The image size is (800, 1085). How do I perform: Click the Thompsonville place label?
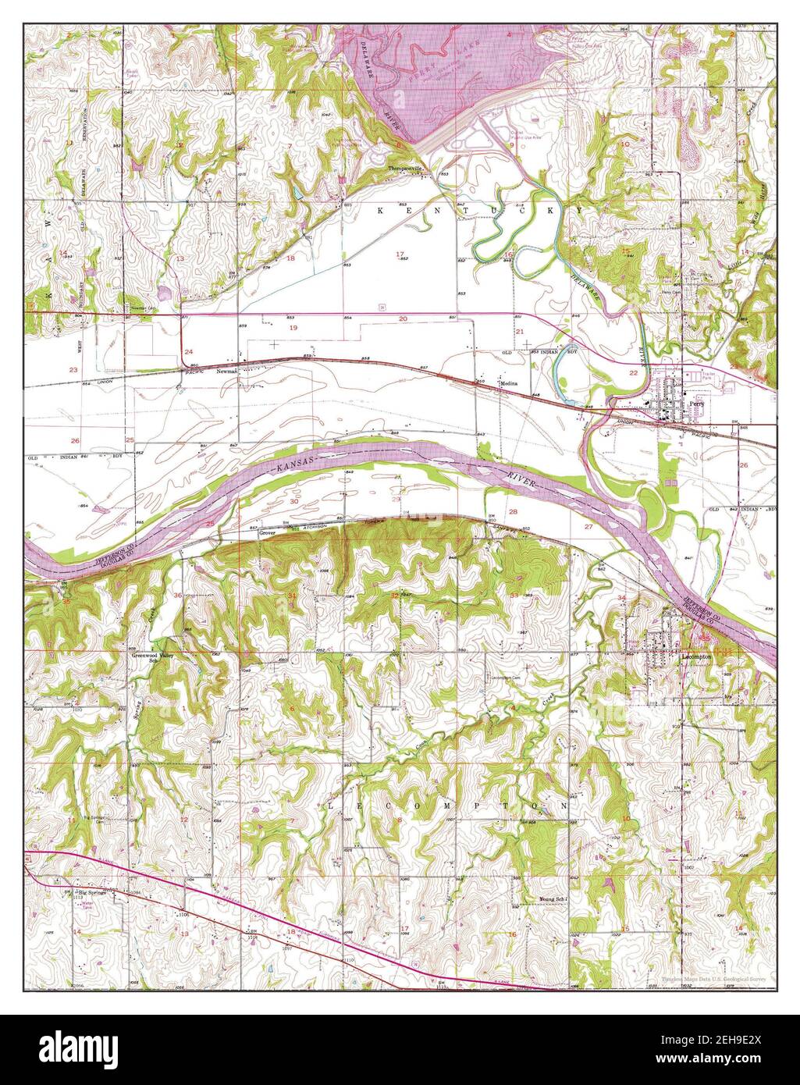[406, 169]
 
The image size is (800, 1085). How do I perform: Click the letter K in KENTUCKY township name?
[382, 211]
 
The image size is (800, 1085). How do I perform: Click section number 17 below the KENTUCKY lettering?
[400, 254]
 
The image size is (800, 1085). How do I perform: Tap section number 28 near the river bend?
[513, 511]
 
